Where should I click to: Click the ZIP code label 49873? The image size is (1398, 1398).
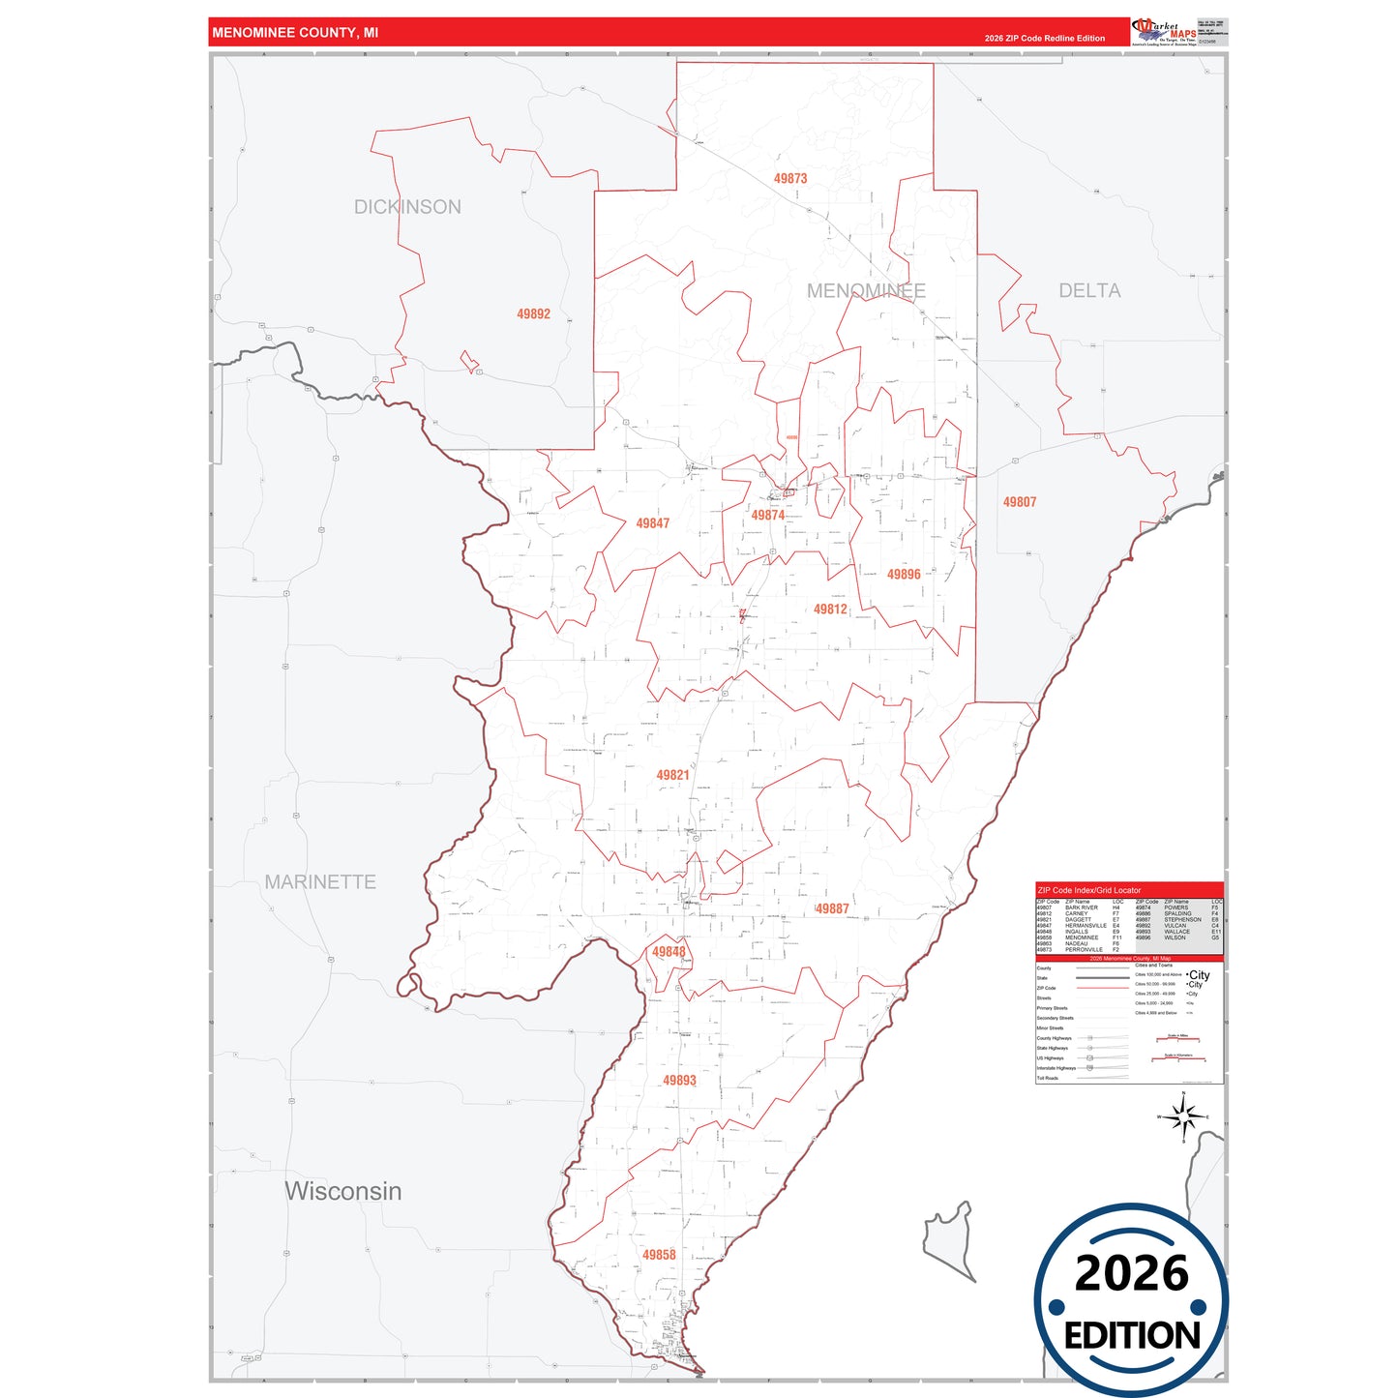(789, 179)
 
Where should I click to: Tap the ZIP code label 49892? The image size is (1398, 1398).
(533, 314)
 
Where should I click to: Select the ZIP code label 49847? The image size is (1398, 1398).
(652, 523)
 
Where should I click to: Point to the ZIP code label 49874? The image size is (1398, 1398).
(768, 516)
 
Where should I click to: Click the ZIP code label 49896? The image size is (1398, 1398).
(904, 575)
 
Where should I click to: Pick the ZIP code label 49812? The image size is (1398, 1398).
(830, 610)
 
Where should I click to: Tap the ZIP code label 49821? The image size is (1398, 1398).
(672, 775)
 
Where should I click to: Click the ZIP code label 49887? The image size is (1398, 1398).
(832, 908)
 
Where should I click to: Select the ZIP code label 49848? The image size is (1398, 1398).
(669, 952)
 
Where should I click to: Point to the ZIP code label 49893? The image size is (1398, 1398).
(679, 1081)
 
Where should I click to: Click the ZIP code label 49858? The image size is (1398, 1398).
(659, 1255)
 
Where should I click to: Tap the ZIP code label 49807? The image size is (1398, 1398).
(1019, 502)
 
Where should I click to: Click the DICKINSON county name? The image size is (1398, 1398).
(407, 207)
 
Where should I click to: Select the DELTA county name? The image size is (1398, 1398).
(1089, 291)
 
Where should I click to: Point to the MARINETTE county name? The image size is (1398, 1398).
(320, 882)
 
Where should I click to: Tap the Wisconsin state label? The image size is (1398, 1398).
(343, 1191)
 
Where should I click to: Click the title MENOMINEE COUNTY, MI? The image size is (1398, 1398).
(295, 33)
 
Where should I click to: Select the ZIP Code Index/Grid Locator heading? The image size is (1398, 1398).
(1088, 890)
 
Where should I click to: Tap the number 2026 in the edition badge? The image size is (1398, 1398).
(1131, 1273)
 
